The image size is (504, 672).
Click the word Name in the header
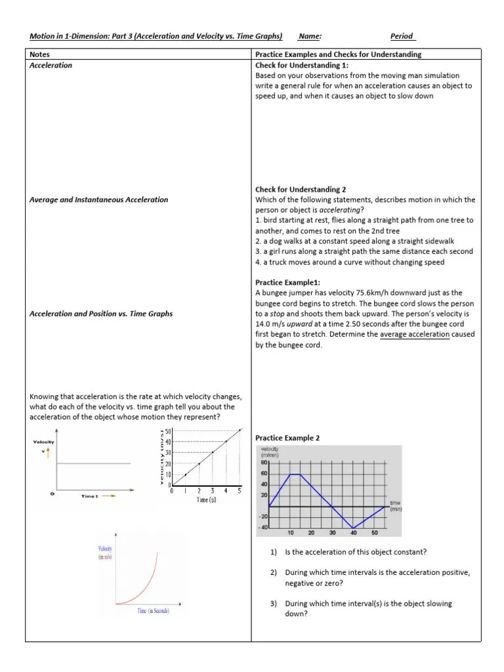click(x=309, y=37)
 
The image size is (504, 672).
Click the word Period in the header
click(x=402, y=37)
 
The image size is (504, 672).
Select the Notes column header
click(x=40, y=54)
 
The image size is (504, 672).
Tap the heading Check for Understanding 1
click(x=302, y=66)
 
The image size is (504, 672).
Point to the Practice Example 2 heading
click(x=287, y=438)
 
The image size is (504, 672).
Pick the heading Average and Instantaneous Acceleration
click(x=99, y=199)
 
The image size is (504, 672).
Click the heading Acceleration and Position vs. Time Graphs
click(x=101, y=314)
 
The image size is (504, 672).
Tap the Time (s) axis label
click(x=206, y=500)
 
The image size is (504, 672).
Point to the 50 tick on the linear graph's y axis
click(x=168, y=431)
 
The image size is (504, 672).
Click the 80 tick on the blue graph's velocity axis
click(x=264, y=463)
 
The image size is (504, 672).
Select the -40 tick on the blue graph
click(x=263, y=527)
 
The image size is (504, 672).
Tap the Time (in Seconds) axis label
click(x=153, y=611)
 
